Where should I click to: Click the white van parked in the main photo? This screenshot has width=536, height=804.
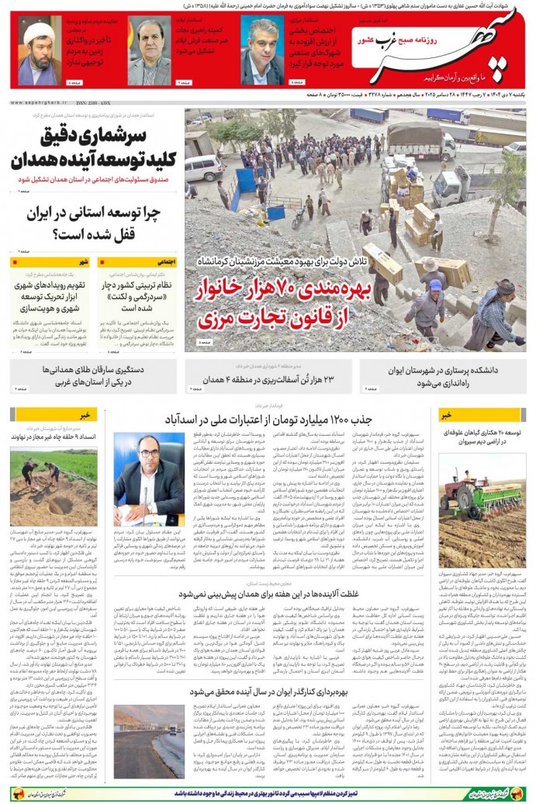(x=203, y=167)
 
